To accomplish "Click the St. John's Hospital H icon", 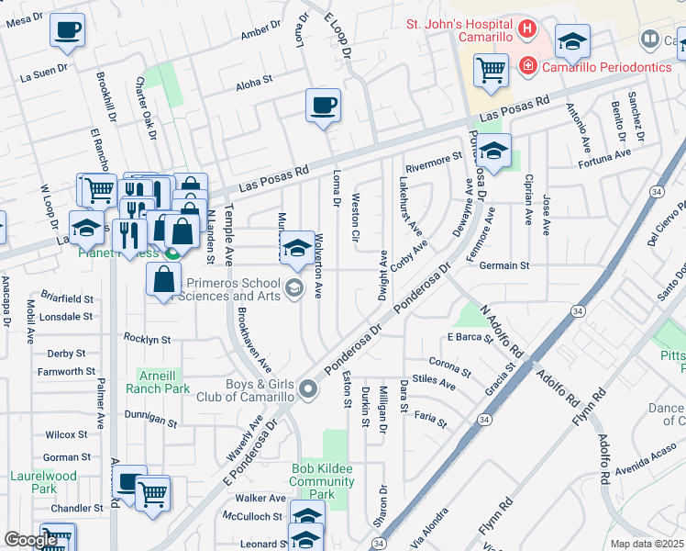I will pos(526,28).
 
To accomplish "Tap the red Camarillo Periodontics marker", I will pos(527,66).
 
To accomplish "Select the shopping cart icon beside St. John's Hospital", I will pos(492,69).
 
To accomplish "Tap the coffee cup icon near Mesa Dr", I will pos(67,31).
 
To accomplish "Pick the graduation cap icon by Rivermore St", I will pos(493,152).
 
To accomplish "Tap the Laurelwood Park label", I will pos(44,482).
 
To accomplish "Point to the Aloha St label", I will pos(254,82).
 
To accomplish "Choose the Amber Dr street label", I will pos(260,34).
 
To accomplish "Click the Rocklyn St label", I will pos(147,339).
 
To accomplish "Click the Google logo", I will pos(30,540).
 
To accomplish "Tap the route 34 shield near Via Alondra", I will pos(379,544).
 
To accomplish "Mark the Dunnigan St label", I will pos(150,419).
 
